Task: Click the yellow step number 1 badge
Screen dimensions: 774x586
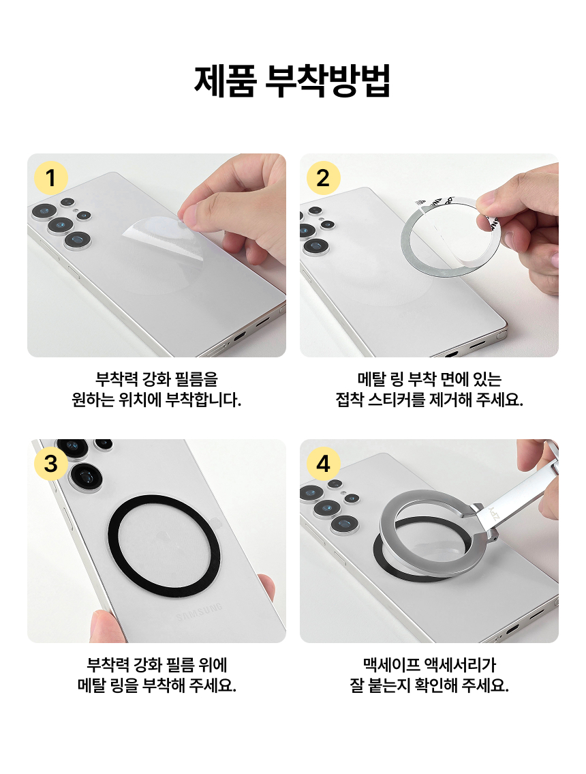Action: (50, 179)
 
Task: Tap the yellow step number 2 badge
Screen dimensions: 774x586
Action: (323, 179)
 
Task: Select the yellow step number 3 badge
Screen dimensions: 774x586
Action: (50, 464)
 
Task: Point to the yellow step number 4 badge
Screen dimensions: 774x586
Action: (323, 464)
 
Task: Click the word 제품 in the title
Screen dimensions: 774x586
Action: (226, 82)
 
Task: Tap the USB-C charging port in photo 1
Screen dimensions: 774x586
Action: (239, 336)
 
